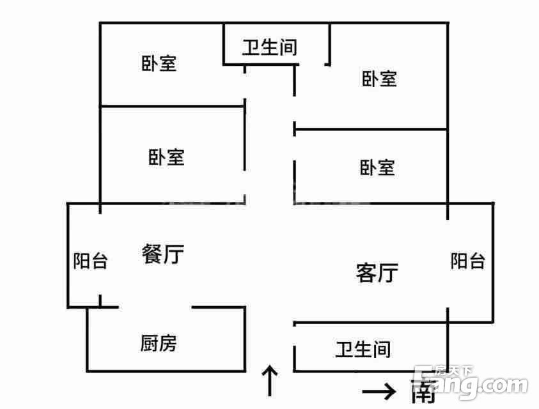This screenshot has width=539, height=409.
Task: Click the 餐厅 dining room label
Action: pos(162,254)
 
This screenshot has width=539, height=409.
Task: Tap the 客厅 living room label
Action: pos(377,272)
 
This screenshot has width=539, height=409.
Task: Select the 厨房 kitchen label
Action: pos(159,343)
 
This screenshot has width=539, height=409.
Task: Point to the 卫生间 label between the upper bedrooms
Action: pos(269,47)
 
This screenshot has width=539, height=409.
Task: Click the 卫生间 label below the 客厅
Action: pos(363,349)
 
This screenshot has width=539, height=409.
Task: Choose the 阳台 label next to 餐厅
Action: pos(90,261)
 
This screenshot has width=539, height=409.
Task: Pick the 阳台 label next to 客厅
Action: pos(468,261)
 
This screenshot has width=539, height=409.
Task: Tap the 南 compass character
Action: pos(423,392)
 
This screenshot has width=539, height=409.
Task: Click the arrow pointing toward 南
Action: pos(379,391)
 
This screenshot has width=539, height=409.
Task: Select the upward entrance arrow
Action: pos(270,380)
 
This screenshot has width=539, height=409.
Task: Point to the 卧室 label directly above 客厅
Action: pos(377,167)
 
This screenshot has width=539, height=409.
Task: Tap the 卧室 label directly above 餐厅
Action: pos(166,157)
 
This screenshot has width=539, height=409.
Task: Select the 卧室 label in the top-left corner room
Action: pos(159,63)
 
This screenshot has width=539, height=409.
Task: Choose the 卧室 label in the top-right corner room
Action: pos(379,79)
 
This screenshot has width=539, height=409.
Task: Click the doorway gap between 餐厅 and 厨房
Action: pos(155,307)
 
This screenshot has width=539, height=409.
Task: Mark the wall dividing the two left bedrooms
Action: pos(173,107)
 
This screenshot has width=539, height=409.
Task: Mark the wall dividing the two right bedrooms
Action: pos(371,129)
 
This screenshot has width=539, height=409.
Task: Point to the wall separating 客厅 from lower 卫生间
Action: pos(371,323)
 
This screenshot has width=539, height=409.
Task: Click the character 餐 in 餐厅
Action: pos(152,254)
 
